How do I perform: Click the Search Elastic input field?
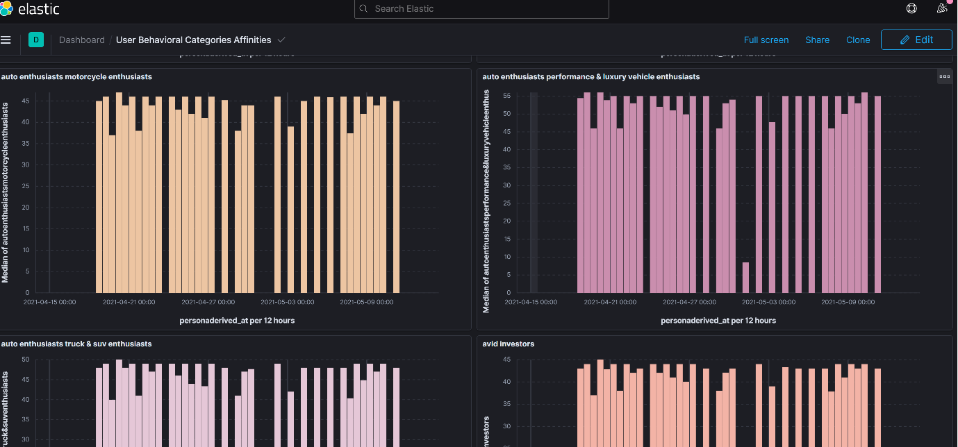pyautogui.click(x=481, y=9)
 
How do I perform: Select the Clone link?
pyautogui.click(x=858, y=40)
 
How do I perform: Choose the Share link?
pyautogui.click(x=817, y=40)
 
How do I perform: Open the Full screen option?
pyautogui.click(x=766, y=40)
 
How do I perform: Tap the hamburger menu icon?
pyautogui.click(x=6, y=40)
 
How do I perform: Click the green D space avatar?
pyautogui.click(x=36, y=40)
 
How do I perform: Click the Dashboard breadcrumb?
pyautogui.click(x=81, y=40)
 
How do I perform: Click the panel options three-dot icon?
pyautogui.click(x=944, y=76)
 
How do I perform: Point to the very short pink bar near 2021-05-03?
pyautogui.click(x=745, y=278)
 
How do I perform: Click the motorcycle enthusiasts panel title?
pyautogui.click(x=76, y=76)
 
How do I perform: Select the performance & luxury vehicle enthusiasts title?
pyautogui.click(x=591, y=76)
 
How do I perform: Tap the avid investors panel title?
pyautogui.click(x=508, y=344)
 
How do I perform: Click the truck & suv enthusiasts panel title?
pyautogui.click(x=76, y=344)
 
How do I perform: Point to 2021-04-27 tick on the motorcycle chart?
pyautogui.click(x=208, y=302)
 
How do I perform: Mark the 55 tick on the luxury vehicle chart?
pyautogui.click(x=506, y=96)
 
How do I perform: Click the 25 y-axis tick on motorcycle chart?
pyautogui.click(x=26, y=186)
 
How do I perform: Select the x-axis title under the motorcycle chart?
pyautogui.click(x=236, y=320)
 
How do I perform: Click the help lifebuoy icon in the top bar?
pyautogui.click(x=911, y=9)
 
